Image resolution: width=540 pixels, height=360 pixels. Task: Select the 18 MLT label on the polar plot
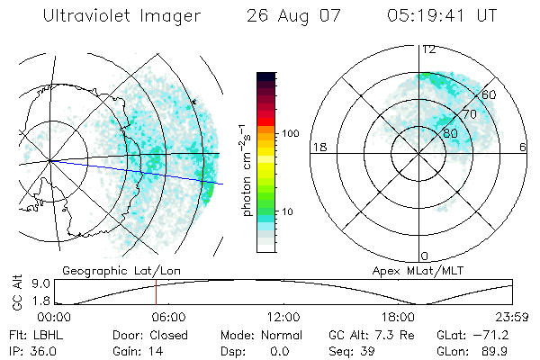[x=318, y=147]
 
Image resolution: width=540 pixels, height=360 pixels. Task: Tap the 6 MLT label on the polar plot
[x=523, y=147]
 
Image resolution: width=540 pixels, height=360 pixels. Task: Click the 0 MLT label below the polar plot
[x=425, y=256]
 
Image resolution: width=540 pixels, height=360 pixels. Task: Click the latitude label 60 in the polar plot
[x=490, y=94]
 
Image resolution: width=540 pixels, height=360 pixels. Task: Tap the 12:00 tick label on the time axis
[x=283, y=317]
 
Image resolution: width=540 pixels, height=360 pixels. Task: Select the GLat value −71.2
[x=500, y=333]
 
